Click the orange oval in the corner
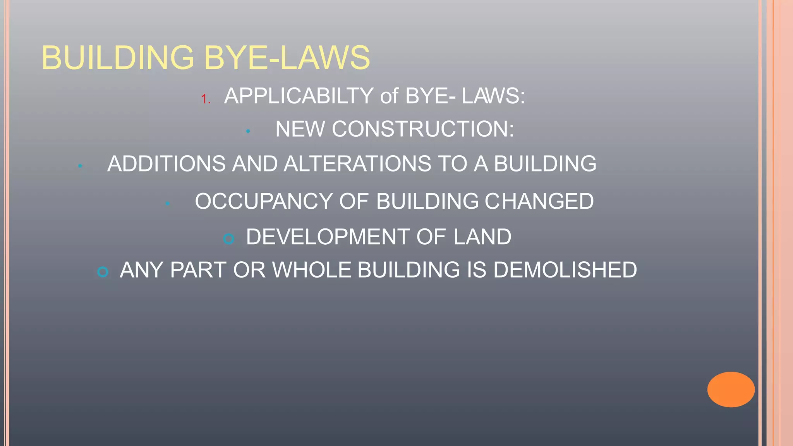(x=731, y=389)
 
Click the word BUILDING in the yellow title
(x=118, y=58)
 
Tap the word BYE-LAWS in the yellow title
(x=287, y=58)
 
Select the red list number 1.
(x=205, y=99)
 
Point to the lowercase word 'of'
(x=389, y=96)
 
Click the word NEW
(x=300, y=129)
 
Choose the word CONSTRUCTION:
(x=423, y=129)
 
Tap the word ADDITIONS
(x=166, y=163)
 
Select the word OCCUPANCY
(x=263, y=201)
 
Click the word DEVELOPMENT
(x=328, y=237)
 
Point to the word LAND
(x=482, y=237)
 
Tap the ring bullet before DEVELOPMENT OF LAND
(x=229, y=239)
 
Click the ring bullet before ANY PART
(x=103, y=272)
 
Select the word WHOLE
(x=312, y=270)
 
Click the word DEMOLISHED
(x=565, y=270)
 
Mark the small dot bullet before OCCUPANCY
(x=167, y=204)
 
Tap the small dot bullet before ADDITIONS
(x=80, y=166)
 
